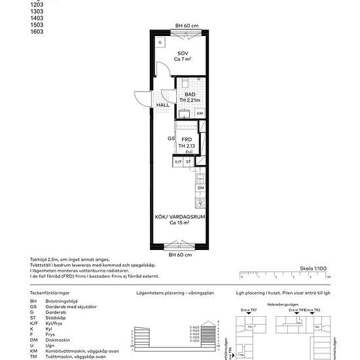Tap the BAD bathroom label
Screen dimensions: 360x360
click(190, 94)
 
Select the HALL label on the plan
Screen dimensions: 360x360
click(162, 105)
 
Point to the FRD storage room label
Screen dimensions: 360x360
click(187, 139)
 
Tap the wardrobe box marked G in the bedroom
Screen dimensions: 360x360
click(159, 42)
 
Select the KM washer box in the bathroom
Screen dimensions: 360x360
click(200, 113)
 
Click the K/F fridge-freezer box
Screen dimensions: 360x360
click(177, 161)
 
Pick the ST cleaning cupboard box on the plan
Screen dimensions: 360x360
click(189, 161)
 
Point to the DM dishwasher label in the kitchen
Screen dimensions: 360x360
click(200, 188)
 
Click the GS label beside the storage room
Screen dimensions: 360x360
click(170, 139)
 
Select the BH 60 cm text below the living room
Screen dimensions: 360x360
click(179, 255)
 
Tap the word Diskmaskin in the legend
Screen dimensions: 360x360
click(58, 340)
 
